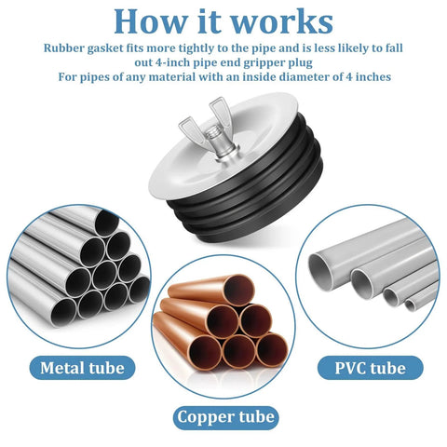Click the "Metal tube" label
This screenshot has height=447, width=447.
pyautogui.click(x=82, y=368)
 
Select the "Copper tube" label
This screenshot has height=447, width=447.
pyautogui.click(x=225, y=417)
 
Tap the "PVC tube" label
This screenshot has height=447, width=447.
pyautogui.click(x=371, y=368)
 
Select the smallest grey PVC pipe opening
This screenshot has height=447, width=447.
pyautogui.click(x=410, y=305)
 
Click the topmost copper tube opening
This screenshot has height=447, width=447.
pyautogui.click(x=238, y=291)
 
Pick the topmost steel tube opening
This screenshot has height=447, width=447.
pyautogui.click(x=106, y=223)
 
